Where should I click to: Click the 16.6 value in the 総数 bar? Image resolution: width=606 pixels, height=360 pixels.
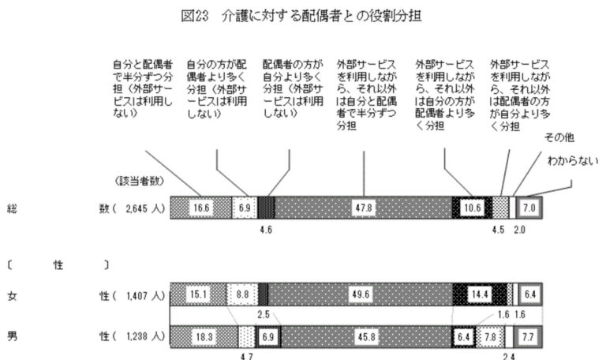click(200, 208)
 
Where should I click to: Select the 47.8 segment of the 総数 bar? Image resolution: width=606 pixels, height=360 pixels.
click(362, 208)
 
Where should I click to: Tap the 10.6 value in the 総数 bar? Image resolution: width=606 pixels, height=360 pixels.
click(471, 208)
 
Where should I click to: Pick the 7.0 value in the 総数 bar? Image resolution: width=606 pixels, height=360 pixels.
click(529, 208)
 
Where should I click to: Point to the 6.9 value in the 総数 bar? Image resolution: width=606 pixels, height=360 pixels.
click(244, 208)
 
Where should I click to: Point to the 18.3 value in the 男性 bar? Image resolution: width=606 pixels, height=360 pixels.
click(204, 337)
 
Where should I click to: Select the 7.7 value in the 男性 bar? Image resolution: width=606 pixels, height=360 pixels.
click(529, 337)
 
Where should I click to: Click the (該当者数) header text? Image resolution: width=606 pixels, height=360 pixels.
click(140, 182)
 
